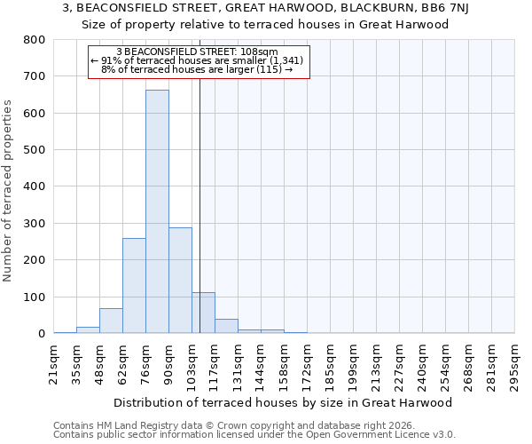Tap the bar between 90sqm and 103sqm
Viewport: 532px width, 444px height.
[180, 280]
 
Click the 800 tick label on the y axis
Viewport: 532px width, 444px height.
[35, 40]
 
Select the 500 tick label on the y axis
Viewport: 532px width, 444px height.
[35, 150]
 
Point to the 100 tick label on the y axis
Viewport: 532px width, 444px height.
[35, 297]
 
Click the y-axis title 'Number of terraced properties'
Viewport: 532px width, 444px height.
[8, 191]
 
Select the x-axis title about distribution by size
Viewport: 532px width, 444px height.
[284, 402]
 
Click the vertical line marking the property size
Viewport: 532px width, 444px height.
[200, 222]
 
